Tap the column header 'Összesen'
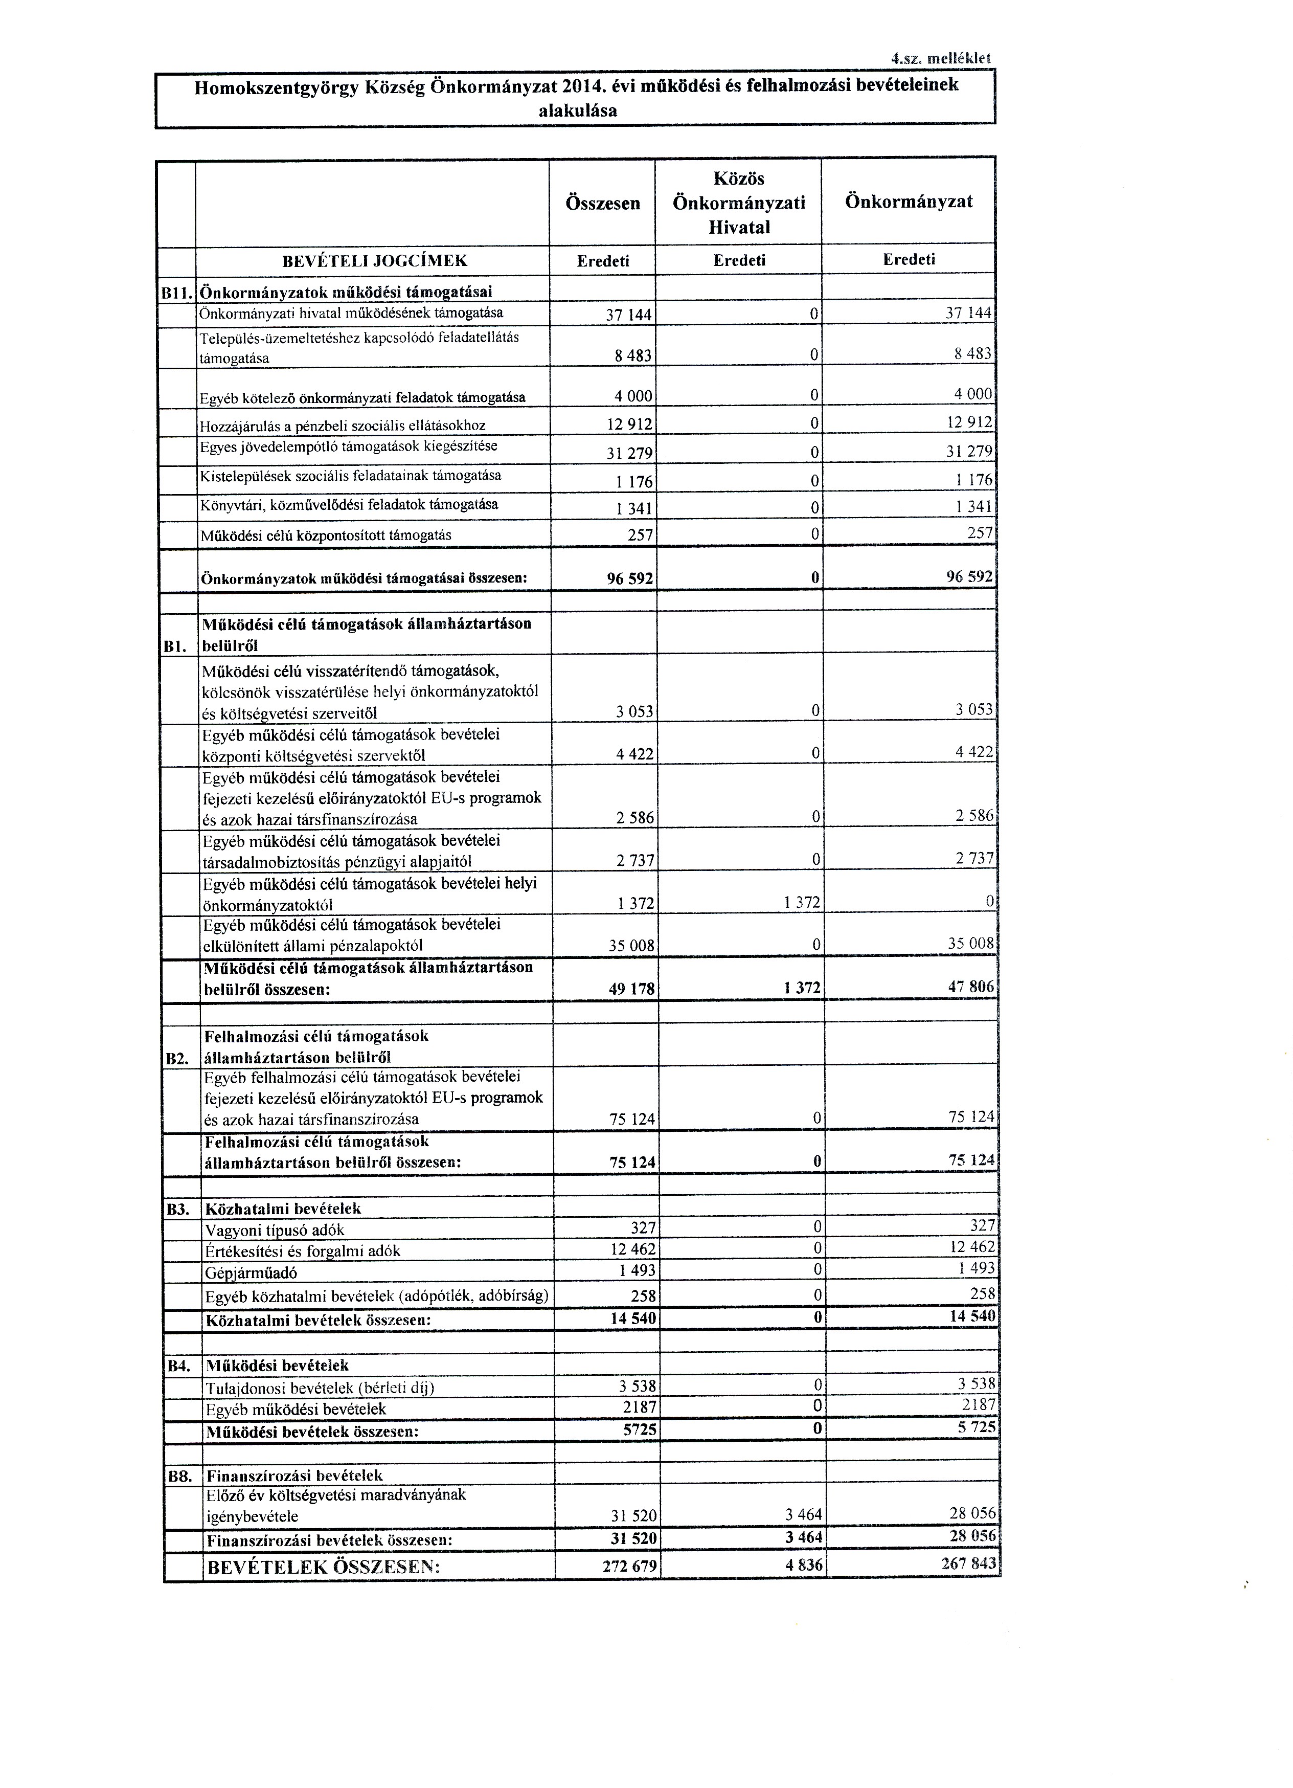tap(603, 204)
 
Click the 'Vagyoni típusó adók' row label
tap(274, 1230)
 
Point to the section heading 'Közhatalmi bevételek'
tap(283, 1209)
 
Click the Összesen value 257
tap(640, 536)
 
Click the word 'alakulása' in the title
tap(578, 111)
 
